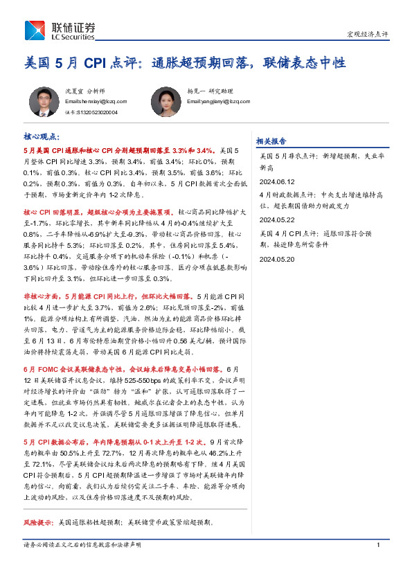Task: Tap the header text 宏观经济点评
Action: [x=366, y=34]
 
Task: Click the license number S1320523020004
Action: [x=87, y=111]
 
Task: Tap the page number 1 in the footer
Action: [x=379, y=545]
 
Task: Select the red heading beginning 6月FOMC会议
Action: [x=125, y=369]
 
